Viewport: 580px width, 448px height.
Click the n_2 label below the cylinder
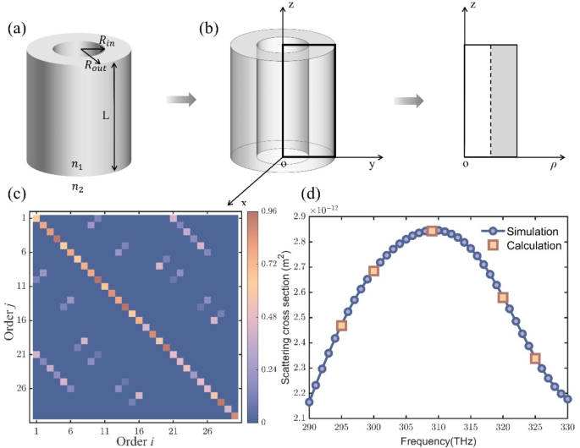[x=77, y=188]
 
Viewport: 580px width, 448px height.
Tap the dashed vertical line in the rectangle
[x=490, y=100]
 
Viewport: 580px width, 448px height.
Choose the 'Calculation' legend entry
[x=524, y=246]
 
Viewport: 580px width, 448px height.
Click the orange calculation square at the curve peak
[x=432, y=231]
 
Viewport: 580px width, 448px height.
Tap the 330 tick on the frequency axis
[x=566, y=428]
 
